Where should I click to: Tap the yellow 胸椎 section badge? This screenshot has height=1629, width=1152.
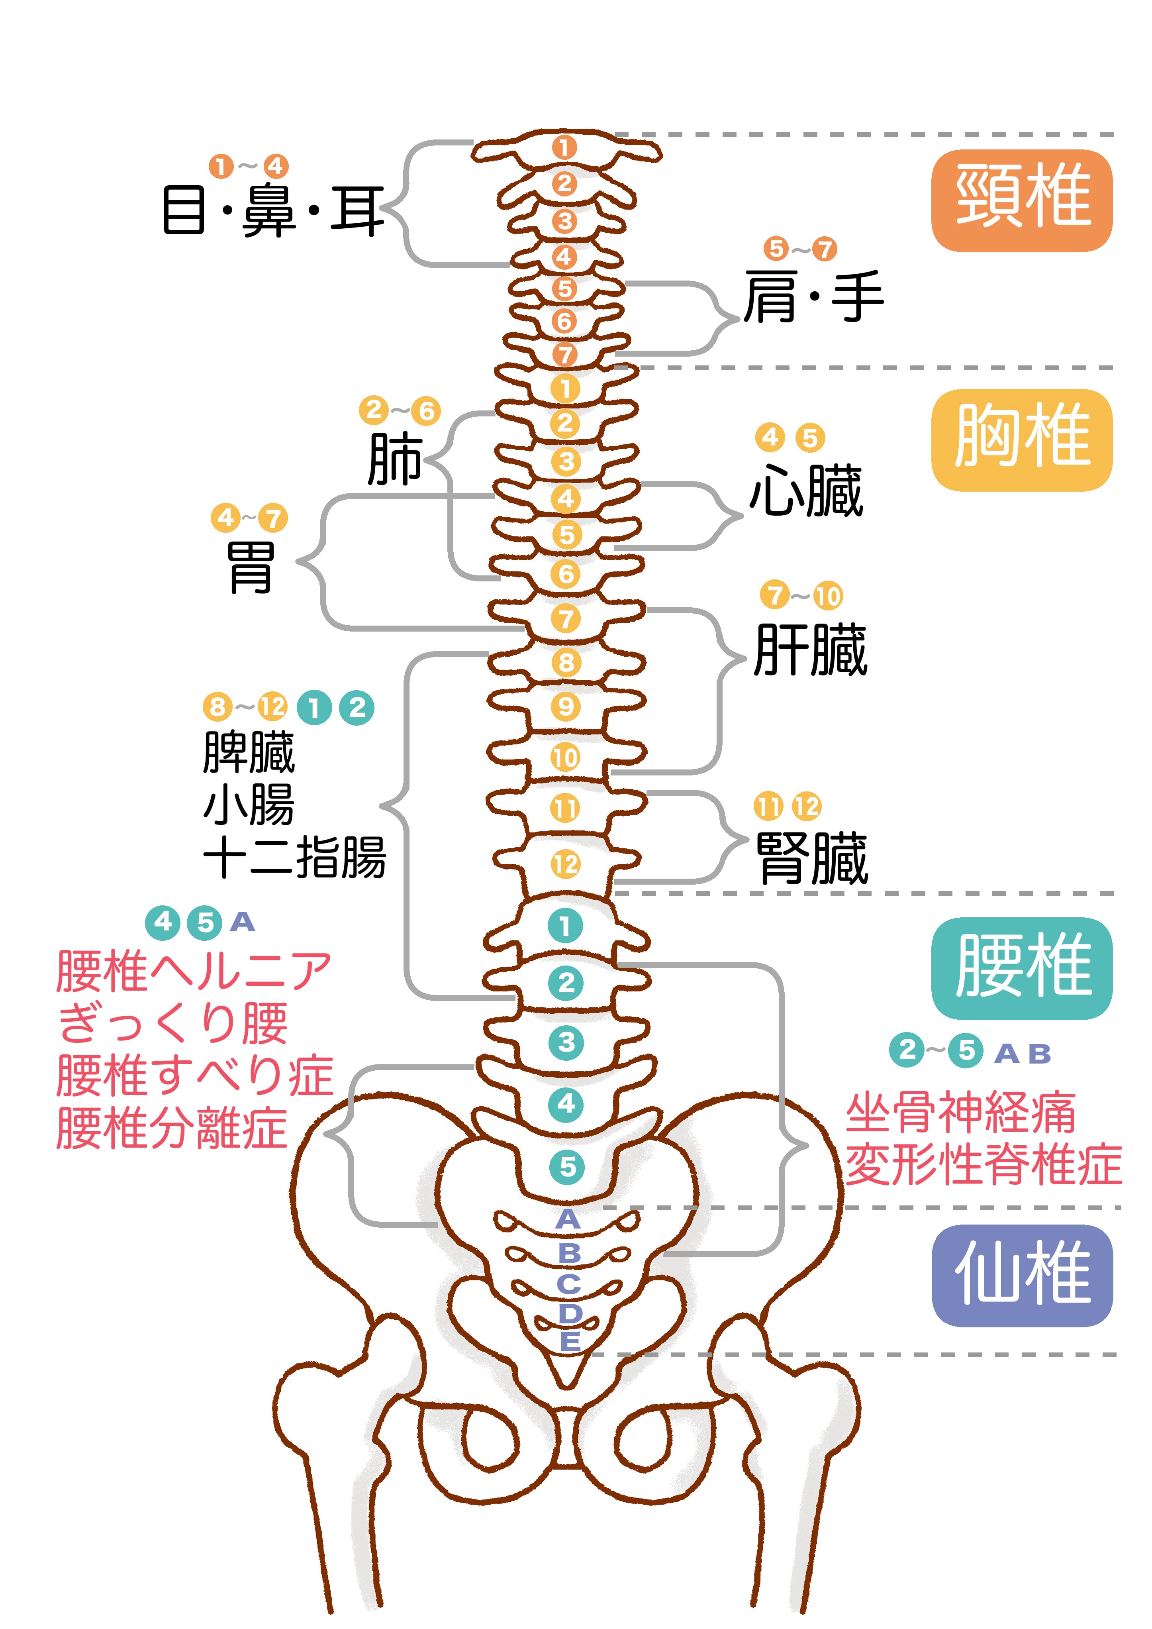[x=1021, y=440]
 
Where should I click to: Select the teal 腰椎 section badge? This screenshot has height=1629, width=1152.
[x=1021, y=968]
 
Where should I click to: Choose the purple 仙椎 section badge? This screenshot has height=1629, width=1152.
[x=1021, y=1275]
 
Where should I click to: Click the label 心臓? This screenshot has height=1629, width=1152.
[x=806, y=491]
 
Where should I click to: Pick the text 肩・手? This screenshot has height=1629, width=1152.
[x=813, y=296]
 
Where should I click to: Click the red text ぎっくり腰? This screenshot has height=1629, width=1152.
[x=173, y=1023]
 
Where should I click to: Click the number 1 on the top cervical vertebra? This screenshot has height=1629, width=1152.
[x=565, y=147]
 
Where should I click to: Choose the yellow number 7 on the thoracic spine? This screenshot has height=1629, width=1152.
[x=565, y=619]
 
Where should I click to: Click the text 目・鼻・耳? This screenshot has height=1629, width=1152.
[x=273, y=211]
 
